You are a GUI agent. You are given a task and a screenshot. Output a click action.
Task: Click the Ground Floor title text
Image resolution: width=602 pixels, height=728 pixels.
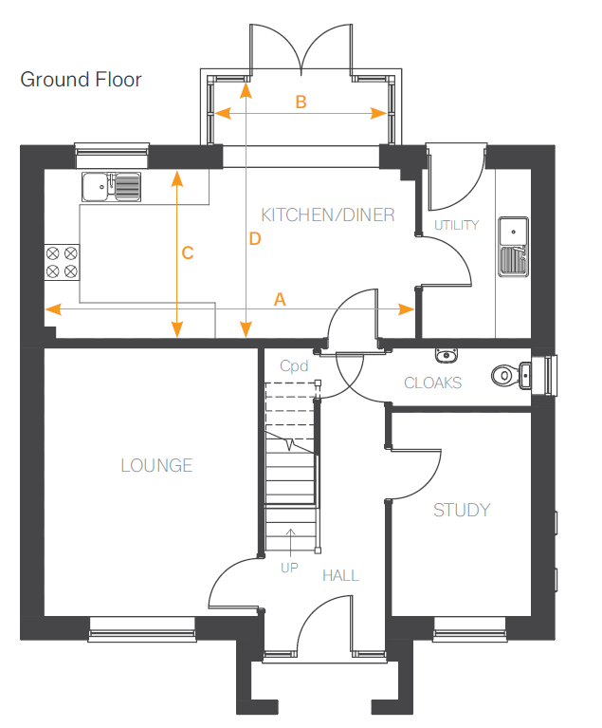click(81, 79)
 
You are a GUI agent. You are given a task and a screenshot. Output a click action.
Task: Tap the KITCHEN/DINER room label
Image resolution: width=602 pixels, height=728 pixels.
click(328, 215)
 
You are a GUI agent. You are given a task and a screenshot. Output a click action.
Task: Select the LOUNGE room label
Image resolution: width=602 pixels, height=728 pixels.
click(156, 465)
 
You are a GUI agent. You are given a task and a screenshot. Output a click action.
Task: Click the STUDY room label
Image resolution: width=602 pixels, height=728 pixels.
click(462, 510)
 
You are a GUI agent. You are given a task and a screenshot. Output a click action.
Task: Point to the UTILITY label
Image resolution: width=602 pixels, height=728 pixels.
click(456, 225)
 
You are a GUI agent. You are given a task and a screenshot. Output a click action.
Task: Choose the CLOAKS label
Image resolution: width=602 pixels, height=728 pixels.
click(432, 383)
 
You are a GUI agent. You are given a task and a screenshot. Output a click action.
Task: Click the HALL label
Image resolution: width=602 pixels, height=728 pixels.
click(340, 575)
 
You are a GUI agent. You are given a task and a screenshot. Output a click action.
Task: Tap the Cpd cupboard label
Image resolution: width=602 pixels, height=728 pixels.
click(293, 365)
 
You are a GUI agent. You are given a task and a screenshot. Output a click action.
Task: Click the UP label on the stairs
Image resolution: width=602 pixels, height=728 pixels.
click(289, 568)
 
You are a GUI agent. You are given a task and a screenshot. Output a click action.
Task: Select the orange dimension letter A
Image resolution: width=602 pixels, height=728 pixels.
click(279, 299)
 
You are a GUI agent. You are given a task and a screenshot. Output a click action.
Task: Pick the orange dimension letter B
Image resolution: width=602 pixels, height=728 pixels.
click(301, 102)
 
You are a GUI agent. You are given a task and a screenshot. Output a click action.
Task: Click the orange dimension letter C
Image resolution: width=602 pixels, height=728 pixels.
click(188, 252)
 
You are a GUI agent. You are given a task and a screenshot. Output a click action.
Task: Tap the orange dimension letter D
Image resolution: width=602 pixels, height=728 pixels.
click(254, 239)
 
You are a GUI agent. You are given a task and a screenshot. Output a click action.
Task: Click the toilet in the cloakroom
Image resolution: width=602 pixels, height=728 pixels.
click(510, 376)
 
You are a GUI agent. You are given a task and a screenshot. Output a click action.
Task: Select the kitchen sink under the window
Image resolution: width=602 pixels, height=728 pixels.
click(111, 187)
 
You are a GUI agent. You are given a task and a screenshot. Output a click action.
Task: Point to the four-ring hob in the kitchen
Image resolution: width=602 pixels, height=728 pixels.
click(62, 262)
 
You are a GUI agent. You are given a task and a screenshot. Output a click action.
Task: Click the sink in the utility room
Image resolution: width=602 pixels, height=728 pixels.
click(513, 244)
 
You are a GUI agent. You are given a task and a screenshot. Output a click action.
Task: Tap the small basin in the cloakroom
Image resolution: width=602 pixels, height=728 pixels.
click(447, 356)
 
